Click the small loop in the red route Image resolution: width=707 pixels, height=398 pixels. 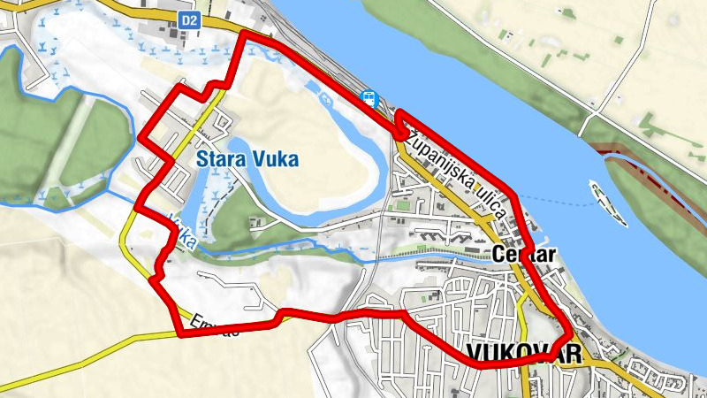[x=403, y=125]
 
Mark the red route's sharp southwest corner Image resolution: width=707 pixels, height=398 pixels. [x=181, y=334]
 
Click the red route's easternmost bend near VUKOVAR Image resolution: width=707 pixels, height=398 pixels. [x=570, y=335]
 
